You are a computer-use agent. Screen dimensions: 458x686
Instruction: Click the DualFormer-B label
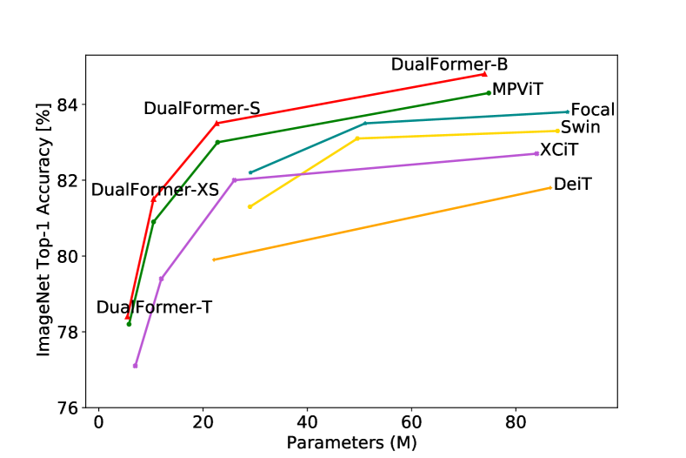pos(449,64)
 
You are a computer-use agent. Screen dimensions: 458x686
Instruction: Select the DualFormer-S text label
pos(202,109)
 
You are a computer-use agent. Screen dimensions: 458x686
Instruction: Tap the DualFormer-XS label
pos(155,190)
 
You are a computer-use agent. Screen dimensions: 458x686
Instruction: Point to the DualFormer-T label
pos(154,307)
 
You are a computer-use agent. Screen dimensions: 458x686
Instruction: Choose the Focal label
pos(592,111)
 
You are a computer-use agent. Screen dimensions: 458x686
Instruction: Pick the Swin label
pos(580,128)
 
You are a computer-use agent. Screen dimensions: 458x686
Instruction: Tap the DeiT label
pos(572,184)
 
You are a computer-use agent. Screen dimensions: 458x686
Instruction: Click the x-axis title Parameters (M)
pos(351,442)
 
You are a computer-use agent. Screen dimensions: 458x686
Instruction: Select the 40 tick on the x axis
pos(307,421)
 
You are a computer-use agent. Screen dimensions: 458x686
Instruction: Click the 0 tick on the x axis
pos(99,421)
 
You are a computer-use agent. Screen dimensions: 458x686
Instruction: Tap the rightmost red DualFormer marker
pos(484,74)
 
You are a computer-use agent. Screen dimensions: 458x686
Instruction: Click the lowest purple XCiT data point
pos(135,366)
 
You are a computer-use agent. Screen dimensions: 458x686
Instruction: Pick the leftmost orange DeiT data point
pos(214,259)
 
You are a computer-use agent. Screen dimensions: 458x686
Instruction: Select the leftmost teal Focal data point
pos(250,172)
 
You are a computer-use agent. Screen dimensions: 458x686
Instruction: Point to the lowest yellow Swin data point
pos(250,206)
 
